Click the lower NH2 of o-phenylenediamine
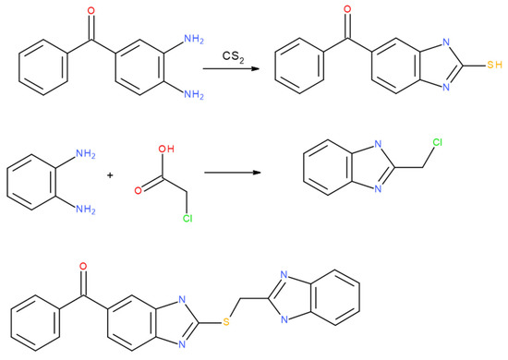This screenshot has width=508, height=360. coord(80,208)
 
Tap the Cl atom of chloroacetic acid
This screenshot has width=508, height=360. coord(166,221)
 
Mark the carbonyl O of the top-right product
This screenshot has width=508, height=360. coord(347,13)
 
